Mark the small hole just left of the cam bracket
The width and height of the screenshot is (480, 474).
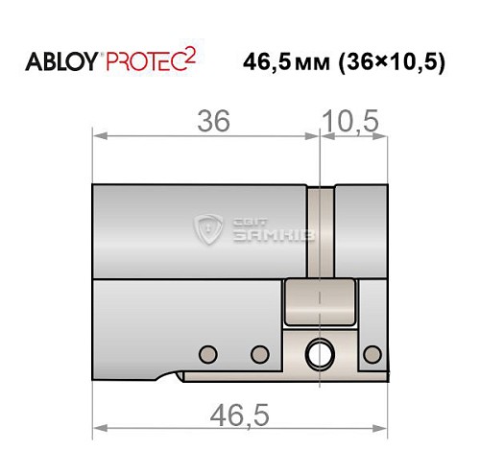point(257,353)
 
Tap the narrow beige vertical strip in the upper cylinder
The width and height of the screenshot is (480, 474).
point(321,230)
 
